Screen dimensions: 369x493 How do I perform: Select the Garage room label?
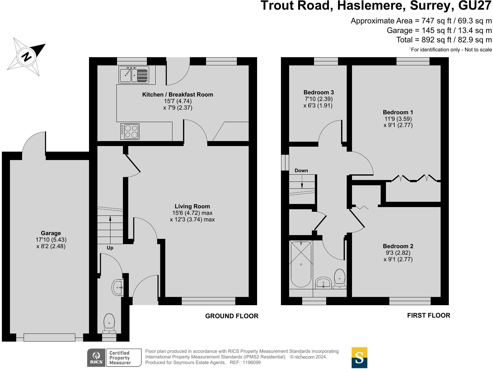[x=51, y=233]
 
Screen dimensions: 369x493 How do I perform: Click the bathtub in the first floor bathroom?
[x=301, y=264]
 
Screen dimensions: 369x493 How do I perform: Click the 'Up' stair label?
[x=110, y=248]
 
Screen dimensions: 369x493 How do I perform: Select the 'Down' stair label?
[x=301, y=170]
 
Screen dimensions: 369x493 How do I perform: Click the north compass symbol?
[x=27, y=57]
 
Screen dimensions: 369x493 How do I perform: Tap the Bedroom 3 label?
[x=318, y=92]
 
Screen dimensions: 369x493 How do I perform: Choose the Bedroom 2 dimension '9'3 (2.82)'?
[x=398, y=253]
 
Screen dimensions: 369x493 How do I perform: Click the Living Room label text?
[x=192, y=206]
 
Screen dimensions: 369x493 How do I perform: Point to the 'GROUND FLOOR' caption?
[x=232, y=316]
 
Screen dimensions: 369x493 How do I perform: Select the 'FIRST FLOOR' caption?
[x=428, y=315]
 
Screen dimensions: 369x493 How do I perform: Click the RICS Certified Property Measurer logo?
[x=114, y=358]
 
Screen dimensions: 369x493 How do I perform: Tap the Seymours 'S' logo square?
[x=359, y=358]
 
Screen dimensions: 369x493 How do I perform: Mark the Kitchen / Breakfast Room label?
[x=177, y=95]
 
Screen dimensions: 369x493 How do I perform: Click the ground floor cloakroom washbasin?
[x=118, y=288]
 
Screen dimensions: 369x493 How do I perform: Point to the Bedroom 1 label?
[x=398, y=112]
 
